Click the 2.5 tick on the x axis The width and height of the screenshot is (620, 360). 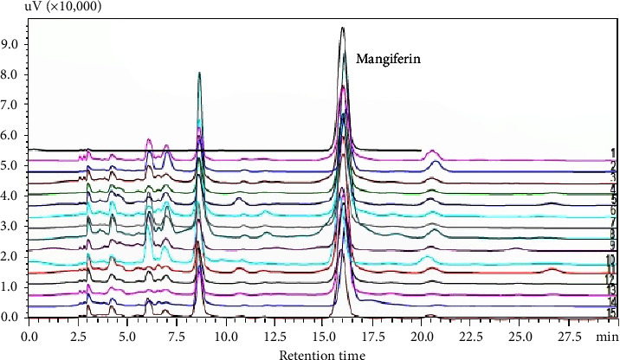[x=79, y=333]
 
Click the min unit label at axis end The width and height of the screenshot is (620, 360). [x=606, y=333]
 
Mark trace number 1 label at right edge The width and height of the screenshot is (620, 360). [x=611, y=153]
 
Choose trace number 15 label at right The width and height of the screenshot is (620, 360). [x=610, y=312]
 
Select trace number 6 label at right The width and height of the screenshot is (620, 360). [x=611, y=210]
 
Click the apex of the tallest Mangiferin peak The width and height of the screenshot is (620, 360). [x=343, y=28]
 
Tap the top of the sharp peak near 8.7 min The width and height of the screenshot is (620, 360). [x=200, y=73]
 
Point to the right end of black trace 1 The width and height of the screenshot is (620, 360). [x=421, y=151]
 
